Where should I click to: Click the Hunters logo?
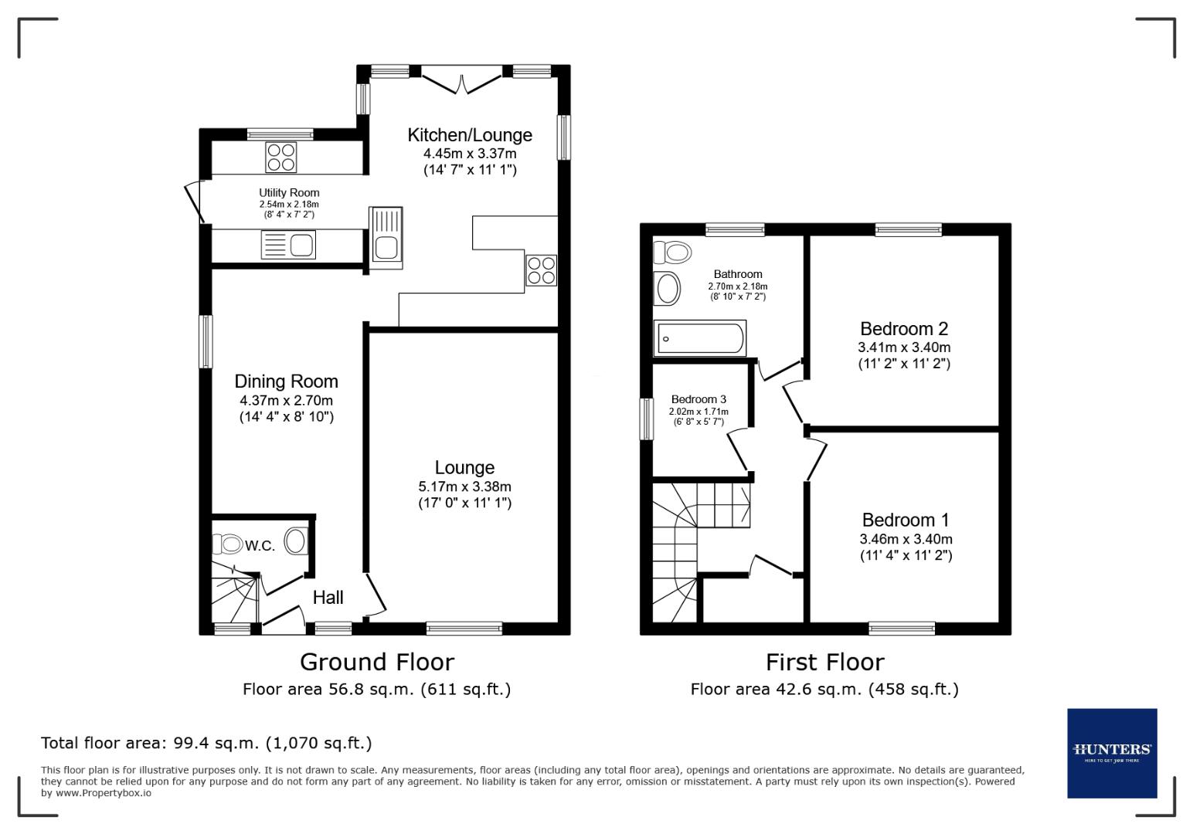(1112, 753)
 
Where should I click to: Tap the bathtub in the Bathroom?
(700, 339)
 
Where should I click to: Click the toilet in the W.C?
(227, 544)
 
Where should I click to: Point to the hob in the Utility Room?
(280, 158)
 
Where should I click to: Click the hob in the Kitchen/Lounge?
(541, 270)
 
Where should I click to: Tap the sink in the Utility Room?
(289, 246)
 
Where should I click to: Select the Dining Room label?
(286, 381)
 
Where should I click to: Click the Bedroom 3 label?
(698, 399)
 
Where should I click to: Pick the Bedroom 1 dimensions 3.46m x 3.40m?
(906, 539)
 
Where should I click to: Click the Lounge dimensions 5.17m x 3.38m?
(464, 486)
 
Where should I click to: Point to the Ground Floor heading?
(376, 662)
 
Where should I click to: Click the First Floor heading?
(824, 662)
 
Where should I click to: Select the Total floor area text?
(206, 743)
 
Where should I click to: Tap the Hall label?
(328, 597)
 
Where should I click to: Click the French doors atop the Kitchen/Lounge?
(461, 80)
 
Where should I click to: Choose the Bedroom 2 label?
(904, 329)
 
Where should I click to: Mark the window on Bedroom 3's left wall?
(647, 419)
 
